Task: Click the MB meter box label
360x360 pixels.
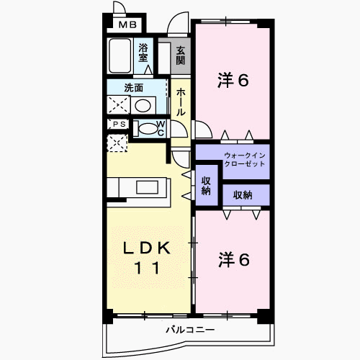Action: point(127,24)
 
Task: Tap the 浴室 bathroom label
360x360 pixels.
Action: point(143,53)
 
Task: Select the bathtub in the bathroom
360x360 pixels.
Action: point(120,55)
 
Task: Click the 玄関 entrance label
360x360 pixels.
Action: point(181,55)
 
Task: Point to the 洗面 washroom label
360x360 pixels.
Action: point(134,88)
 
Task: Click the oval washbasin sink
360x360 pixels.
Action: point(143,105)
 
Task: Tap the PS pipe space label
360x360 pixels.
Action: point(120,125)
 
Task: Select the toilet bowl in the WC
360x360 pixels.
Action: point(148,129)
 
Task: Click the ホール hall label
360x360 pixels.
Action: point(181,102)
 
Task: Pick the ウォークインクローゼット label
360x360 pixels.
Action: point(245,160)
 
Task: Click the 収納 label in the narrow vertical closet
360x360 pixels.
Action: point(206,186)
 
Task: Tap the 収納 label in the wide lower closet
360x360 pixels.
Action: point(243,195)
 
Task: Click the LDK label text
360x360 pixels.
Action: point(147,248)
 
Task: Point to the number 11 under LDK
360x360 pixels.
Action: point(147,268)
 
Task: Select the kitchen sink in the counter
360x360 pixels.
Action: point(147,187)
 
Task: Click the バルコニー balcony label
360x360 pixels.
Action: point(190,330)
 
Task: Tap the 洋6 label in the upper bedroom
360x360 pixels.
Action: point(233,80)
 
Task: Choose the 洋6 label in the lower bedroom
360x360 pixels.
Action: point(234,260)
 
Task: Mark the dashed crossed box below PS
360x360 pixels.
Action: point(117,143)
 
